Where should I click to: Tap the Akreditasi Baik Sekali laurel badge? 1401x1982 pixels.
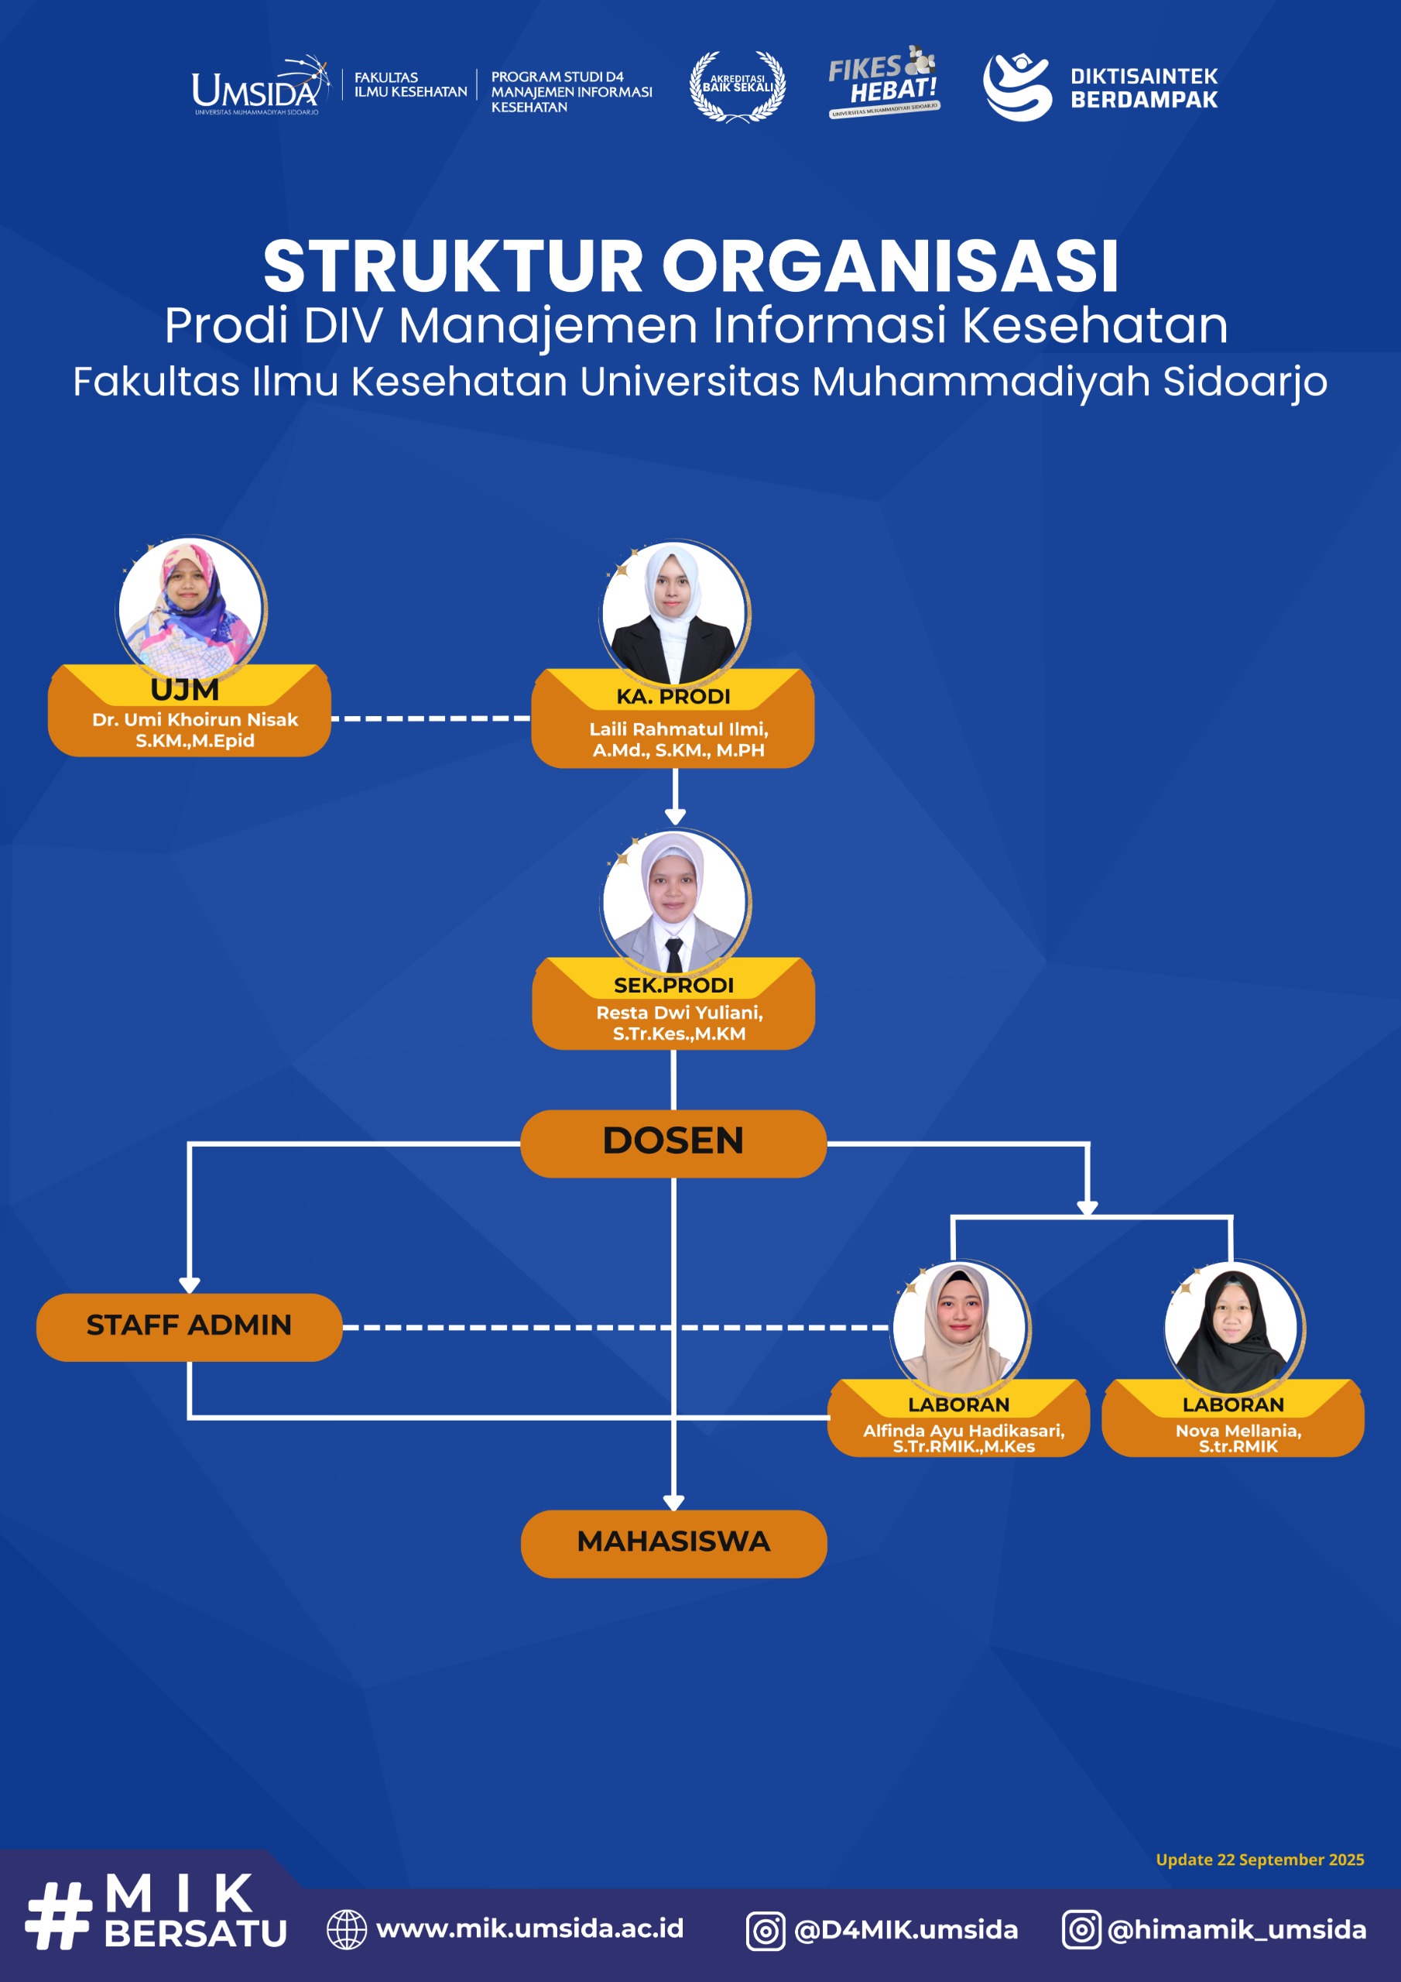click(737, 85)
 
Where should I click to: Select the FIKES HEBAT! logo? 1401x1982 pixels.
click(883, 82)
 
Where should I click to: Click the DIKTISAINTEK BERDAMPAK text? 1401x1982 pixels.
click(1143, 88)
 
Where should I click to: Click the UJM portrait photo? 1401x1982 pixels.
click(190, 608)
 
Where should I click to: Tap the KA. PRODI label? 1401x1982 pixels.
click(673, 697)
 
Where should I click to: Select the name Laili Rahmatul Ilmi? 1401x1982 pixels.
click(679, 729)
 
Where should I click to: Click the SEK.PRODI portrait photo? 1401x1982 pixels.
click(674, 902)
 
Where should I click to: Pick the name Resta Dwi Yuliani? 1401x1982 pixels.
click(680, 1013)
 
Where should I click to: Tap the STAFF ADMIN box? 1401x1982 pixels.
click(189, 1325)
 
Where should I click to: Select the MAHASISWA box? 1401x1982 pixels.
click(673, 1541)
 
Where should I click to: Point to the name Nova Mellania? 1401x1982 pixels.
click(1237, 1431)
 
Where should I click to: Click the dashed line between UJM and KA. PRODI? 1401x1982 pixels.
click(430, 718)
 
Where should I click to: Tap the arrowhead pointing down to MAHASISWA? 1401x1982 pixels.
click(673, 1502)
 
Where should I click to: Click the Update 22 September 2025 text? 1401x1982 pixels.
click(1259, 1860)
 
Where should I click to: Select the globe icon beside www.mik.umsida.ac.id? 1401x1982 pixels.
click(346, 1929)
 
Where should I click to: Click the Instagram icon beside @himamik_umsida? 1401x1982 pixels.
click(1081, 1929)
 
